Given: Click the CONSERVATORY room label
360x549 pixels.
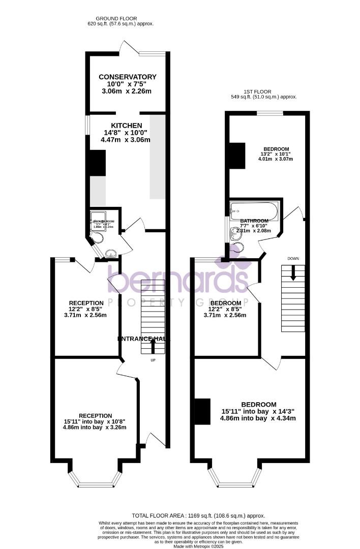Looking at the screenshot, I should (x=127, y=77).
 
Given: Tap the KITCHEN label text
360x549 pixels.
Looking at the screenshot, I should (x=127, y=125).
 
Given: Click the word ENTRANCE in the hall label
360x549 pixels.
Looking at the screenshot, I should (x=134, y=339).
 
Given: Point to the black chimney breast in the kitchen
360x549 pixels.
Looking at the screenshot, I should (x=96, y=163).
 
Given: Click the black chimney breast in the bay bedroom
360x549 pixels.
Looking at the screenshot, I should (x=202, y=411).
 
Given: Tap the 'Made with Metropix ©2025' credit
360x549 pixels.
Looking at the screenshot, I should (x=198, y=546).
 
